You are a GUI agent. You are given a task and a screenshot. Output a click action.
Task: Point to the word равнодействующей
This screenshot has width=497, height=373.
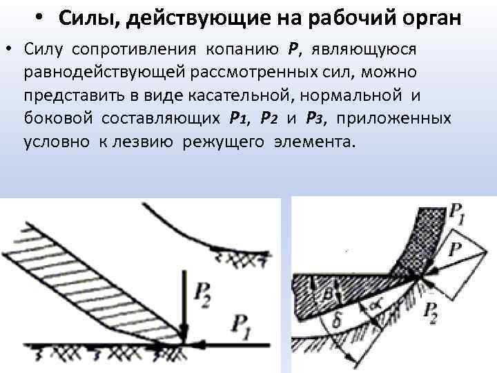(101, 73)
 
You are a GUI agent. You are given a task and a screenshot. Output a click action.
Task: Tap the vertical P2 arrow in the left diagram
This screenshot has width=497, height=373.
(184, 304)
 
